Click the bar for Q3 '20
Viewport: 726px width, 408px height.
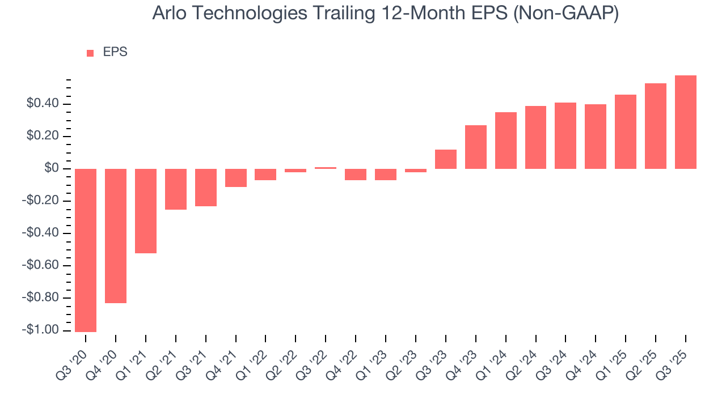coord(86,250)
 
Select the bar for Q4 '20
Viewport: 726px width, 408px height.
coord(116,236)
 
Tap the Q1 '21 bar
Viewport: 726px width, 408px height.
coord(146,211)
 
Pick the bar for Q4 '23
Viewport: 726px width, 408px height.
coord(476,147)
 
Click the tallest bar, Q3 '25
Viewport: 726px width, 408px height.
coord(686,122)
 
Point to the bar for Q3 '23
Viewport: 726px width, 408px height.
coord(446,159)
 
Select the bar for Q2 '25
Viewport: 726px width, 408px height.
coord(656,126)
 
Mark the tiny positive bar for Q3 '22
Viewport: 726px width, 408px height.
coord(326,168)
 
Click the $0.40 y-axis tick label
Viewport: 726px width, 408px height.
coord(43,104)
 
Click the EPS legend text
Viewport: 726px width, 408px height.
coord(115,52)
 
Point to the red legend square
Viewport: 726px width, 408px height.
coord(90,53)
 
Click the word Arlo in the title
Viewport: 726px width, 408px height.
coord(168,14)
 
